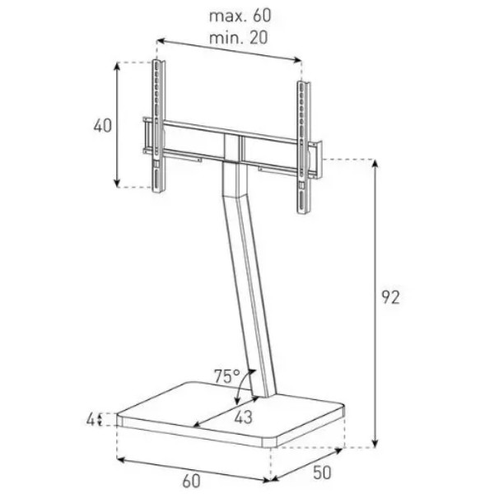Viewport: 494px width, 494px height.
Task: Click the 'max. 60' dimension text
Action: [240, 16]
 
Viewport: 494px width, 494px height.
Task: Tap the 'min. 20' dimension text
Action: [239, 38]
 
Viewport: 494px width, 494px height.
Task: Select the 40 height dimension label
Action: [103, 126]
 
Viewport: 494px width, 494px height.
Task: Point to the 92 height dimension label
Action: [390, 297]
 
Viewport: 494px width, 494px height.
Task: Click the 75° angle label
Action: [227, 376]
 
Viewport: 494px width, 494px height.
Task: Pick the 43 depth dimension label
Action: [243, 417]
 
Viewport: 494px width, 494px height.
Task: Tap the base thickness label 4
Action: [91, 420]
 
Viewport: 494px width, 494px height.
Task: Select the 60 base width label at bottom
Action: [191, 481]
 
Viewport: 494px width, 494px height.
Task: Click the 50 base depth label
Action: [322, 473]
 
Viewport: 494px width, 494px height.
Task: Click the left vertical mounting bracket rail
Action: [157, 126]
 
